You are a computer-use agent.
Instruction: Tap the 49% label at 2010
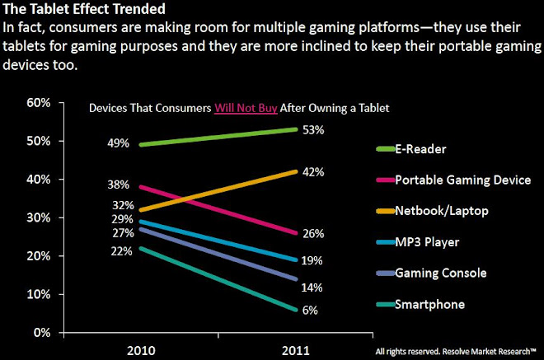118,143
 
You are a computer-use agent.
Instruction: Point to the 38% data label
118,185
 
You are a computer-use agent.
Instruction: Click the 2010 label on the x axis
143,349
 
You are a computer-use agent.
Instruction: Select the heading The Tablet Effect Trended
70,10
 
